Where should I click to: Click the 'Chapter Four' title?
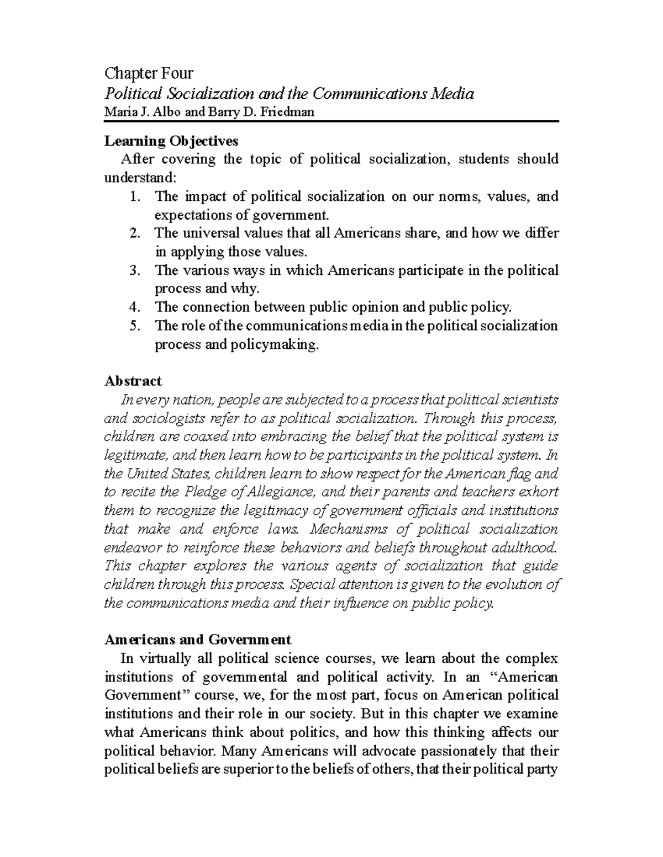149,73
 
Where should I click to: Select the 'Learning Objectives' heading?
171,141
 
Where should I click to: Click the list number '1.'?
135,196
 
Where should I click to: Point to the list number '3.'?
135,270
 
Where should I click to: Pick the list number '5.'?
135,326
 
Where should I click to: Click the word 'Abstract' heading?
133,381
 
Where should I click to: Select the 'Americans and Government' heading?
197,640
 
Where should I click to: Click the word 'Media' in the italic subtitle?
454,94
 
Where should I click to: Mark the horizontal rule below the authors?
331,121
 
